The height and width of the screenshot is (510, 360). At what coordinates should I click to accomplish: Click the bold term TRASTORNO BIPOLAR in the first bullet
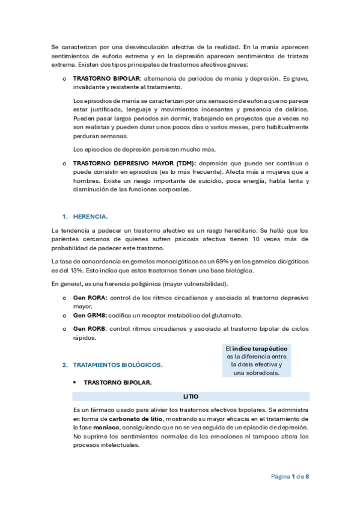coord(106,78)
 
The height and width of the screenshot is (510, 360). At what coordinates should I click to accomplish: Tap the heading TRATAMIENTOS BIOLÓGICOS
coord(118,364)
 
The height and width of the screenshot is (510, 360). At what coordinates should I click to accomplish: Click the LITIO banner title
coord(191,396)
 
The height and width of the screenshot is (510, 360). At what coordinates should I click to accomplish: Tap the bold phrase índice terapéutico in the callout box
coord(260,348)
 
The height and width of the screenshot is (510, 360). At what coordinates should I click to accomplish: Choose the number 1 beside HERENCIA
coord(64,216)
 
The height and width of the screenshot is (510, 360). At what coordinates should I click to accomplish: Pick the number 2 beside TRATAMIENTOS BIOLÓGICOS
coord(64,364)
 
